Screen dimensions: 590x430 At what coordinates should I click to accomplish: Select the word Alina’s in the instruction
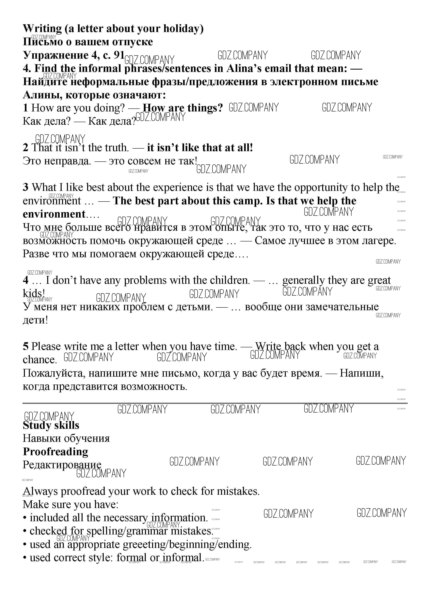click(245, 69)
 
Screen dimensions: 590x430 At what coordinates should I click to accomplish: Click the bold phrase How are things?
click(183, 108)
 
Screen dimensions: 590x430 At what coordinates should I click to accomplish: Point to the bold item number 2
click(25, 148)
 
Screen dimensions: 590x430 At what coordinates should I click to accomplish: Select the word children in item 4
click(230, 280)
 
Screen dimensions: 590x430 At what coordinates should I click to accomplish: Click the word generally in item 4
click(303, 280)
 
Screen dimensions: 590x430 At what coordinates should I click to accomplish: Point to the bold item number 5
click(25, 347)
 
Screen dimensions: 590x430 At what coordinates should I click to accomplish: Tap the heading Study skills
click(51, 425)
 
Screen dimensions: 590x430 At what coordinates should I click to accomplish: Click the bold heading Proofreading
click(56, 452)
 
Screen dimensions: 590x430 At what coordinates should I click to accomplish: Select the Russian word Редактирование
click(62, 465)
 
